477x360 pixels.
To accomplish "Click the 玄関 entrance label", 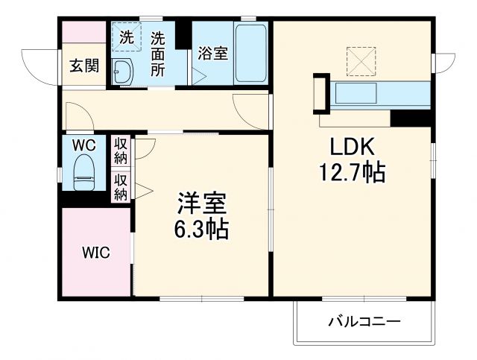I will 84,66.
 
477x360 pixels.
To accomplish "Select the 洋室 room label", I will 201,202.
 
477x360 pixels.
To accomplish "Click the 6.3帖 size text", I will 202,228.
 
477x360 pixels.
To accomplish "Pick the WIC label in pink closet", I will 95,253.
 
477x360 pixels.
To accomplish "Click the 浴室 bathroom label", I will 212,54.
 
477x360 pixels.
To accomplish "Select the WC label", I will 83,146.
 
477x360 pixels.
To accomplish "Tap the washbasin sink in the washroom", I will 123,72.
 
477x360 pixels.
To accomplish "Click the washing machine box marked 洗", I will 126,37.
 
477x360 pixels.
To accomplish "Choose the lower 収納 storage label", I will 121,186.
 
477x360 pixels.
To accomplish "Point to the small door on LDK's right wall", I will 444,63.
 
